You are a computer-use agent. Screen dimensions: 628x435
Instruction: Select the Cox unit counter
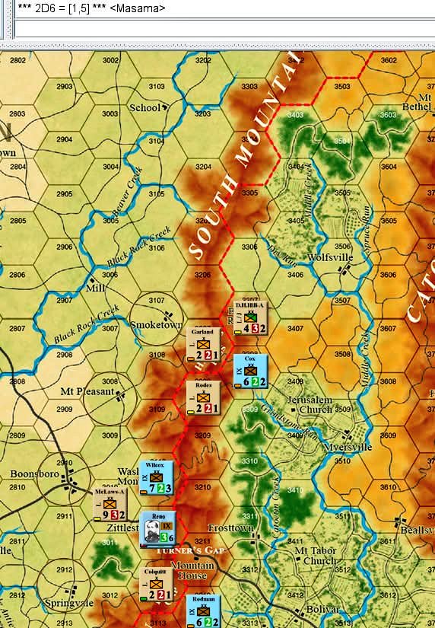coord(250,371)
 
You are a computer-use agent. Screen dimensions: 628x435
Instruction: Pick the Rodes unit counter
coord(204,397)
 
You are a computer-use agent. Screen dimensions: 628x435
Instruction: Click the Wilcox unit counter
coord(157,477)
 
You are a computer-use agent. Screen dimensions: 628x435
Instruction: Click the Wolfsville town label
coord(331,257)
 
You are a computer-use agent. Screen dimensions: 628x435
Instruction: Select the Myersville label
coord(348,447)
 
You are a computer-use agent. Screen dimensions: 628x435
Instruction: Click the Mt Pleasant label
coord(87,392)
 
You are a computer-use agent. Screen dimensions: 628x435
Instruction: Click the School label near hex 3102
coord(144,107)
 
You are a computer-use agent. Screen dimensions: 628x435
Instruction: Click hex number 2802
coord(17,60)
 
